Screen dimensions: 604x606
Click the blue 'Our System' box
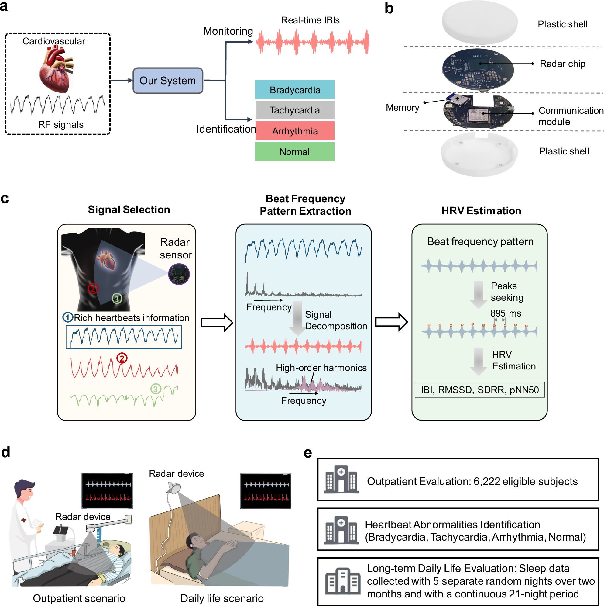coord(168,81)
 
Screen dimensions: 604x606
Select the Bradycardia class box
coord(295,90)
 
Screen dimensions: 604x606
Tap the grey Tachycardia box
coord(295,110)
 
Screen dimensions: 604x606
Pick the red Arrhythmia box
coord(295,131)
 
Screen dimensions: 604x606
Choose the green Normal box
coord(295,152)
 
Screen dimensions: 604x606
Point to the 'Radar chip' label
coord(562,64)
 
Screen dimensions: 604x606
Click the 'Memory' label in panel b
coord(403,108)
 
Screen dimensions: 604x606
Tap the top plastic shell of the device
coord(479,22)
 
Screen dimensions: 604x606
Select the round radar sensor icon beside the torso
coord(179,274)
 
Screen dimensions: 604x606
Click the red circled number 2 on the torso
coord(93,288)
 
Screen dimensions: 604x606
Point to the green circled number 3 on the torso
coord(117,299)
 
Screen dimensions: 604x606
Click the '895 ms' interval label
coord(506,313)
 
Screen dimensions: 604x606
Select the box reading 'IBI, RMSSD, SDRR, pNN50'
coord(479,390)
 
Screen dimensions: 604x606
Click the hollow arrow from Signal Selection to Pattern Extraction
coord(217,322)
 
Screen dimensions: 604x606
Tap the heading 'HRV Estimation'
coord(481,211)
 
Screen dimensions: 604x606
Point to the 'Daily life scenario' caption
coord(222,598)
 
